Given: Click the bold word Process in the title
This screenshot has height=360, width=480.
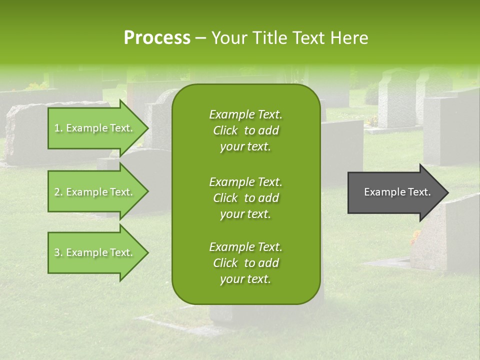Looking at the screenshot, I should point(157,38).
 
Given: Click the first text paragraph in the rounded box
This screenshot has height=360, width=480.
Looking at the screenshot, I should point(245,130).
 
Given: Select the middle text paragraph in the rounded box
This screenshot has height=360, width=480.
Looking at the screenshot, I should point(245,197).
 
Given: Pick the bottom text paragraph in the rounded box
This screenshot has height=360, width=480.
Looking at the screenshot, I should point(245,263).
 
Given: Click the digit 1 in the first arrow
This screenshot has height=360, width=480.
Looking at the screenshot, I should point(57,128).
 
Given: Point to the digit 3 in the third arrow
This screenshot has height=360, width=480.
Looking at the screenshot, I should point(57,252).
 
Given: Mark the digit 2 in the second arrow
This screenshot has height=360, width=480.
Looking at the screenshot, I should point(57,192).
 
